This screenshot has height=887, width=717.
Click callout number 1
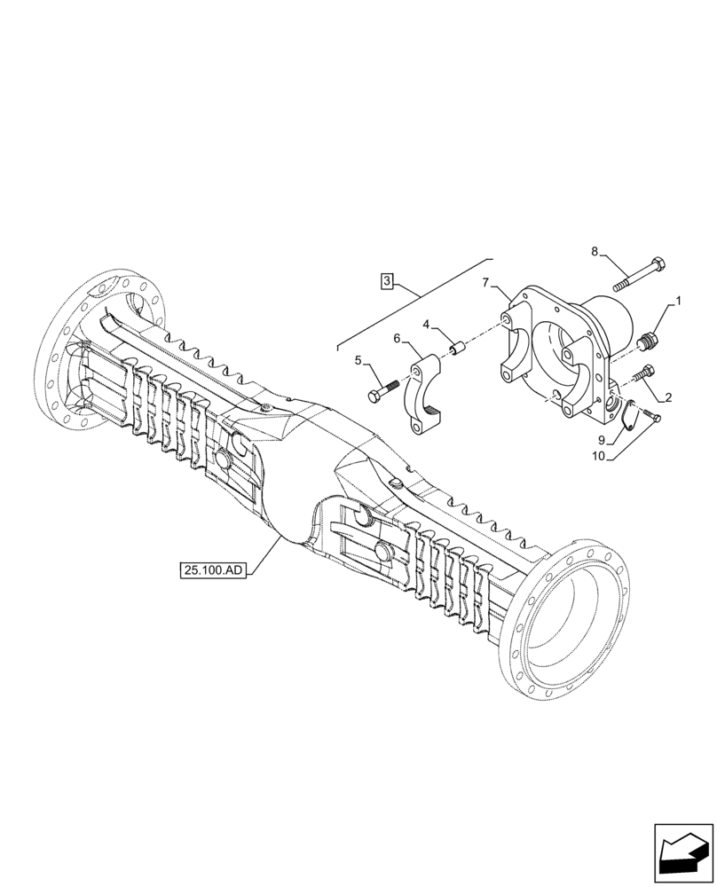[x=678, y=302]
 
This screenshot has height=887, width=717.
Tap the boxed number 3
[x=387, y=281]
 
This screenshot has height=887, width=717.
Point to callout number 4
[x=426, y=326]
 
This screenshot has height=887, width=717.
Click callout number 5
[x=358, y=360]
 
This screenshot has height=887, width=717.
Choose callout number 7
[x=485, y=283]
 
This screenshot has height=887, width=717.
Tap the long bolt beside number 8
[x=640, y=271]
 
